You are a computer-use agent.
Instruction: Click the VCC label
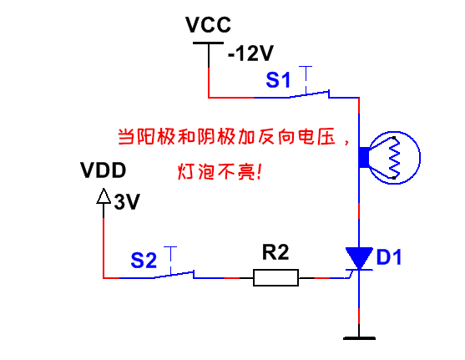(x=208, y=24)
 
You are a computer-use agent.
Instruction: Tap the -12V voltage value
(x=250, y=53)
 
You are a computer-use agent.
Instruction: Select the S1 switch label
(x=278, y=79)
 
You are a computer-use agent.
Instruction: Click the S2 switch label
(x=144, y=261)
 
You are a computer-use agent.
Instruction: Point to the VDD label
(x=104, y=170)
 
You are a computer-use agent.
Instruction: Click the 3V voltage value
(x=127, y=202)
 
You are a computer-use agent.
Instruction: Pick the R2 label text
(x=275, y=252)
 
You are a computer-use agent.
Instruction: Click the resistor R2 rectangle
(x=275, y=278)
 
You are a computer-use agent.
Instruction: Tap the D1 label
(x=389, y=257)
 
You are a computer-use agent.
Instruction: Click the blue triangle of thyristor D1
(x=359, y=257)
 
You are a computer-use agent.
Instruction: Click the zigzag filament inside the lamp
(x=394, y=158)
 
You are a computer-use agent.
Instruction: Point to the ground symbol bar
(x=359, y=338)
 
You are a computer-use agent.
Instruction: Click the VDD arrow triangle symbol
(x=104, y=196)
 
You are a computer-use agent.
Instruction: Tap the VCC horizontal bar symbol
(x=208, y=43)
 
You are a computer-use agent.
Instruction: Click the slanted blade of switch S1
(x=309, y=94)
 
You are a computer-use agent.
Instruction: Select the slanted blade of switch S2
(x=174, y=274)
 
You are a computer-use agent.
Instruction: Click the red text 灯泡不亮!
(x=220, y=171)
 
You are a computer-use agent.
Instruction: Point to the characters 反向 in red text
(x=276, y=137)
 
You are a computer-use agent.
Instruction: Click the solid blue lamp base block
(x=364, y=157)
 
